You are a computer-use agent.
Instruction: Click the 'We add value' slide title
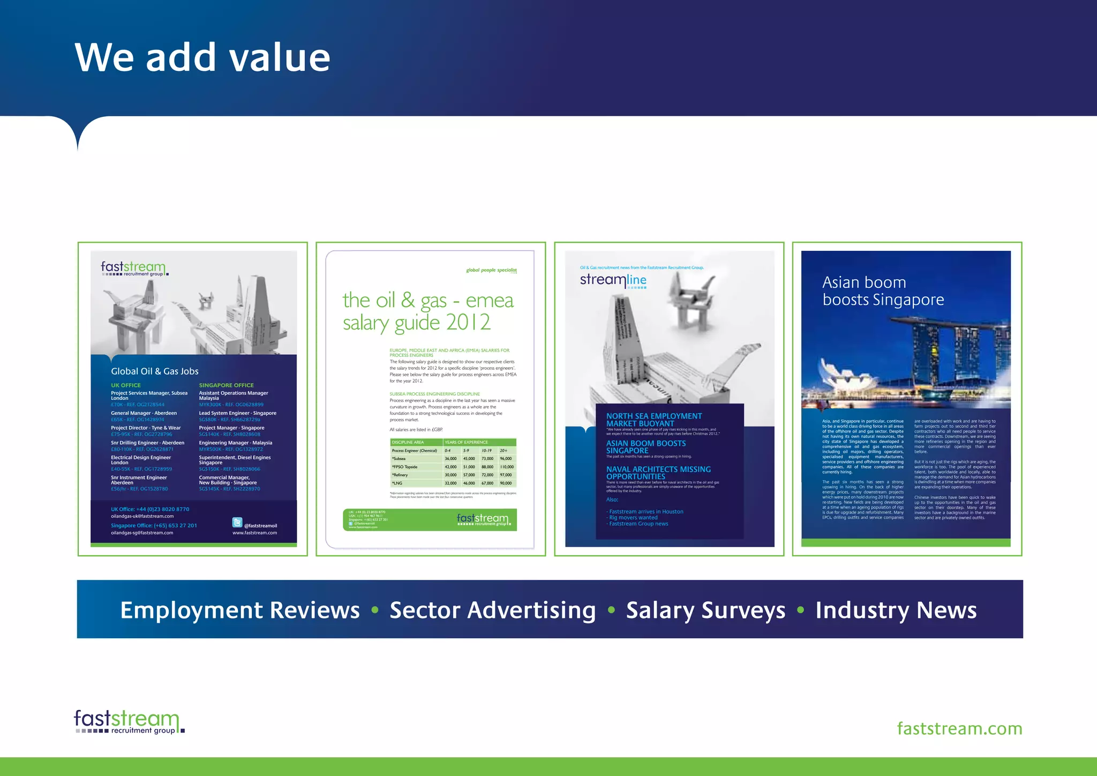[202, 57]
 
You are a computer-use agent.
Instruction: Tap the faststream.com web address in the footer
[959, 729]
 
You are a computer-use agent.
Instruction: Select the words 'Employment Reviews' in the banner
[240, 610]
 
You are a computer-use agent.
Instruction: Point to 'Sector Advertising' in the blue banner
[492, 610]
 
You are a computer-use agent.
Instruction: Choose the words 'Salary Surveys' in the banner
[705, 610]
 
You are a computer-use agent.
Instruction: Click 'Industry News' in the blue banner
[896, 610]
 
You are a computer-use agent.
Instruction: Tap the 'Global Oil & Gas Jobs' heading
[155, 371]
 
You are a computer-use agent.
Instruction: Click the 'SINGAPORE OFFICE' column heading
[227, 385]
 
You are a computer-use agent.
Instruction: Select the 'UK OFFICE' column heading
[126, 385]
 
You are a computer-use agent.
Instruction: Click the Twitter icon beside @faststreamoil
[237, 523]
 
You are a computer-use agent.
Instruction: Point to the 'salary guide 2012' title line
[416, 323]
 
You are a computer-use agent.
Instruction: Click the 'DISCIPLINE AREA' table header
[408, 442]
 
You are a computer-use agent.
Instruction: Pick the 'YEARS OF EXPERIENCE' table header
[467, 442]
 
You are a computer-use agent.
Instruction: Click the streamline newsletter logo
[613, 280]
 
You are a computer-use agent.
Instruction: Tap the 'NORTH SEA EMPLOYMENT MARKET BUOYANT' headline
[653, 420]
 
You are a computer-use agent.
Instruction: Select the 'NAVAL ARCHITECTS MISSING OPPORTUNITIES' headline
[658, 473]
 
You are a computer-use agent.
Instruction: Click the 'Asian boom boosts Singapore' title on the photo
[883, 291]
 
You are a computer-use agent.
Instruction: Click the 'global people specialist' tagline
[491, 270]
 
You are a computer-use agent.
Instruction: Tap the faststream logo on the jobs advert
[134, 268]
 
